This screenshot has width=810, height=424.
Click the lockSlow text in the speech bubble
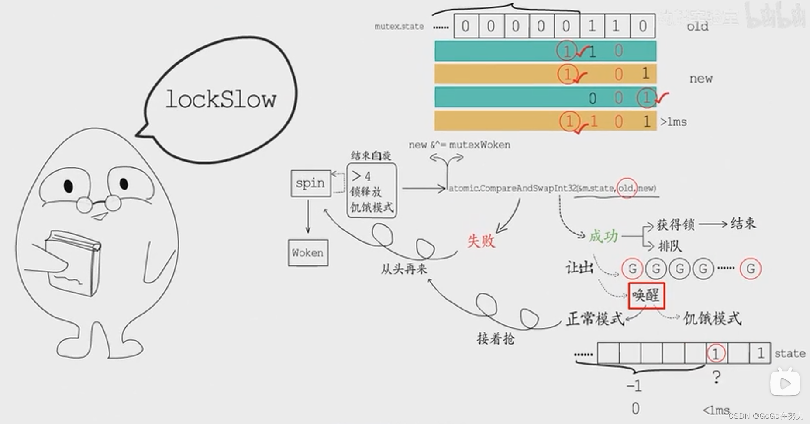coord(221,100)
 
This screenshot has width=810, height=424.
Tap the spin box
coord(310,183)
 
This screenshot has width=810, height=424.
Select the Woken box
coord(308,253)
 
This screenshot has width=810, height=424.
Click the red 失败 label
coord(481,241)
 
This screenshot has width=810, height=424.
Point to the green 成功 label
coord(603,236)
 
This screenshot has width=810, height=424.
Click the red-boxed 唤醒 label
coord(646,296)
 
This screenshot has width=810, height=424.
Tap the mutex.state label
coord(399,27)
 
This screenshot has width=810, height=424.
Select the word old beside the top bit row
coord(697,27)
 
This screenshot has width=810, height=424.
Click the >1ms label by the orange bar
coord(673,122)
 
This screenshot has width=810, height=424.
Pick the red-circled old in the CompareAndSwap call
coord(626,188)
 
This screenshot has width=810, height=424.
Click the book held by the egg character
coord(73,262)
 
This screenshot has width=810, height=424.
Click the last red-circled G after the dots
coord(751,269)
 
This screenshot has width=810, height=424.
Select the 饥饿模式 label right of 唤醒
coord(712,319)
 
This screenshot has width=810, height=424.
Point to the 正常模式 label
coord(595,319)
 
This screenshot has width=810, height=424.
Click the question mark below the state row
coord(717,377)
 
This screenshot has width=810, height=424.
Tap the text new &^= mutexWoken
coord(459,145)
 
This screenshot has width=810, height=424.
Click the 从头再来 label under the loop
coord(404,269)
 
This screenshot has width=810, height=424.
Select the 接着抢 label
coord(496,338)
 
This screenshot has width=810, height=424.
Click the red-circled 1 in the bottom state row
coord(716,353)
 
